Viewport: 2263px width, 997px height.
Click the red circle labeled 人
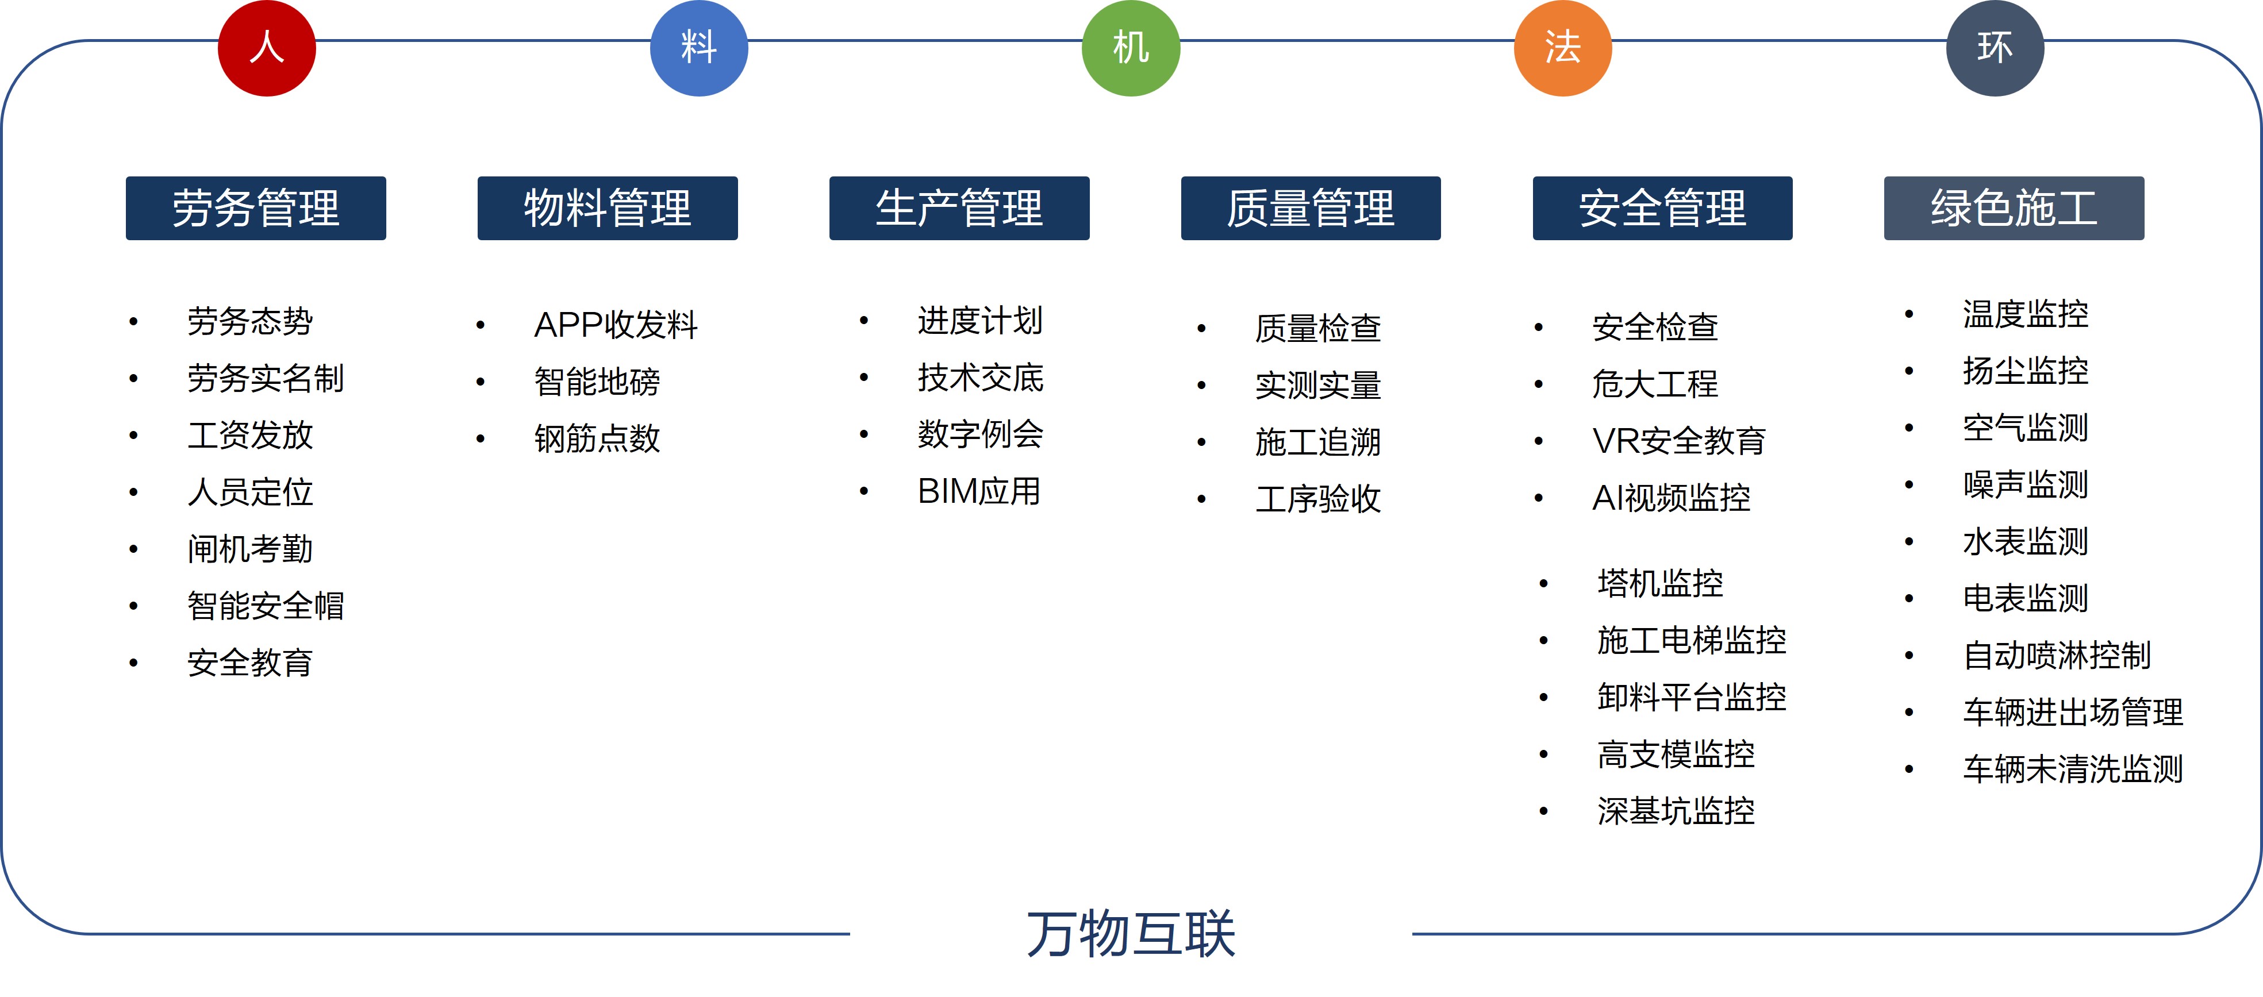267,48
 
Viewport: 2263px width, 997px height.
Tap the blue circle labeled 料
700,48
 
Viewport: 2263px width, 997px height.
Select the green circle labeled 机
1131,48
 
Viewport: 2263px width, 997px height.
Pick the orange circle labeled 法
1563,48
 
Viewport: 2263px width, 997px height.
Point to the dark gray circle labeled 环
1995,48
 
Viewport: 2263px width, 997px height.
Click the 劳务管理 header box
256,208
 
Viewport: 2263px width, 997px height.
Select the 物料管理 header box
608,208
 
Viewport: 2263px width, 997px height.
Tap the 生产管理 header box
959,208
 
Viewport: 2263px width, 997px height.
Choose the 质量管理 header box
1311,208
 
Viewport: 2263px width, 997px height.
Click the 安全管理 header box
1662,208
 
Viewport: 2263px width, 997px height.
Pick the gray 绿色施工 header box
2014,208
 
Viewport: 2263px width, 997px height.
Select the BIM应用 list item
979,491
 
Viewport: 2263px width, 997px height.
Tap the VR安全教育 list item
1679,441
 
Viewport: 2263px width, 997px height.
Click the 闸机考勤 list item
251,549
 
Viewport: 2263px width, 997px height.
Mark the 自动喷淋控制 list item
2057,655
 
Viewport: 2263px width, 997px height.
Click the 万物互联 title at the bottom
1131,934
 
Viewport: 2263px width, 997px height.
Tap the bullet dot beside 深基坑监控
1543,811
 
